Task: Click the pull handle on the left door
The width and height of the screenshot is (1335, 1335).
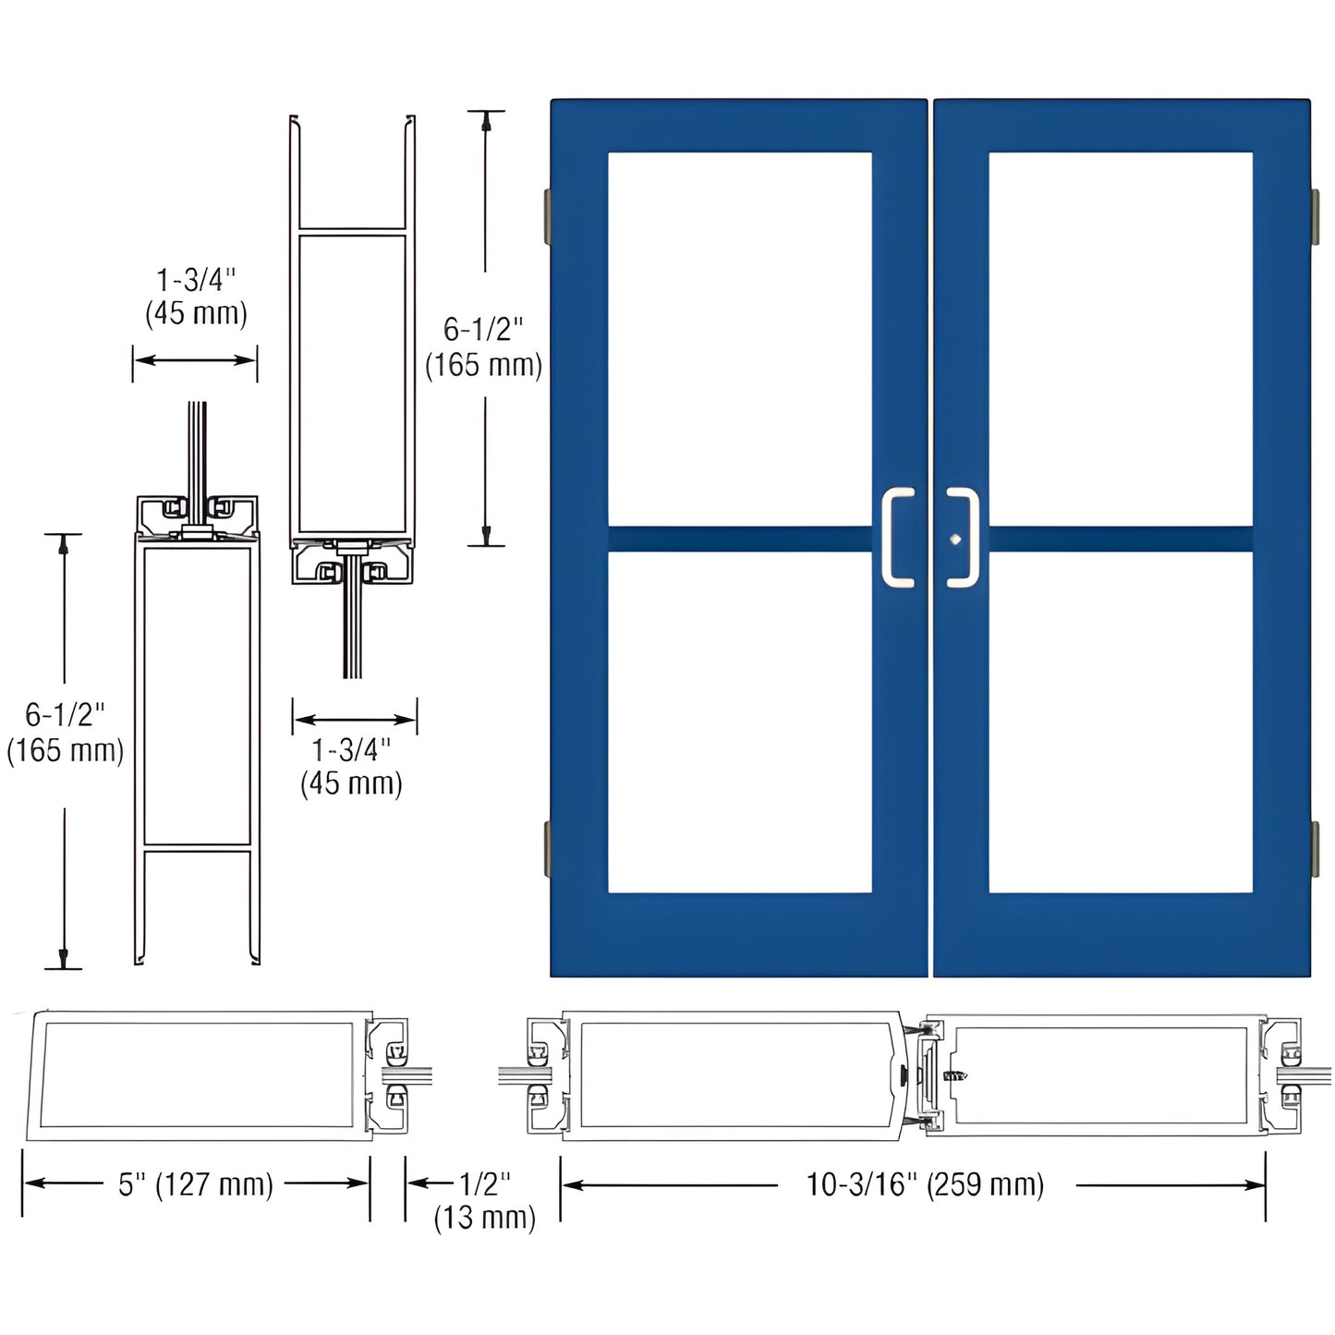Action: click(x=896, y=538)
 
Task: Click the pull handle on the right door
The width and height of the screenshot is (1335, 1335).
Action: click(x=965, y=538)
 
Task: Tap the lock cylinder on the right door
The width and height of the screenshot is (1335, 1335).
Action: click(x=955, y=540)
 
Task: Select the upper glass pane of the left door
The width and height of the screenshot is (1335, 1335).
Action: click(x=739, y=338)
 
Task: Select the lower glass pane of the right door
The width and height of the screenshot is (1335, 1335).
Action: click(x=1120, y=722)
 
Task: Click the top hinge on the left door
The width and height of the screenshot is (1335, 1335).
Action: click(x=547, y=212)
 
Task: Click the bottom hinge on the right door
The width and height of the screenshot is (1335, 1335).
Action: click(x=1314, y=851)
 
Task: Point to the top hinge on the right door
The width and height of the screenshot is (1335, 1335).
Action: click(x=1314, y=212)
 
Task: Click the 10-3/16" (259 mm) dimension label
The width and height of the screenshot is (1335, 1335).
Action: click(x=925, y=1184)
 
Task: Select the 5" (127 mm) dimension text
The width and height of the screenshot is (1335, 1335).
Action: click(x=196, y=1184)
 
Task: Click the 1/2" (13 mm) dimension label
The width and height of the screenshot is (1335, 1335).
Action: click(x=484, y=1200)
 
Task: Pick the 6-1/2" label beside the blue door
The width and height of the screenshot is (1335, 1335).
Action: click(x=483, y=347)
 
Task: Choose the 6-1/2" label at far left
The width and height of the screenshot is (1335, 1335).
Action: click(x=65, y=732)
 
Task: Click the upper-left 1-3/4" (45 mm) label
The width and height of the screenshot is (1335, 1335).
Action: click(x=196, y=297)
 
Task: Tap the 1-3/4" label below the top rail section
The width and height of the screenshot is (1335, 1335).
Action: click(x=351, y=766)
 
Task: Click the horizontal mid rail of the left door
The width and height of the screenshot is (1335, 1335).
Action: click(x=739, y=540)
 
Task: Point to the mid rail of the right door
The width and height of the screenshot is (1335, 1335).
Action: click(x=1120, y=540)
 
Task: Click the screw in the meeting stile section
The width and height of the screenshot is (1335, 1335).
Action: click(x=954, y=1076)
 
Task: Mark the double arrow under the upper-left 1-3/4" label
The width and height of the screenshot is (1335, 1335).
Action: click(x=195, y=360)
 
